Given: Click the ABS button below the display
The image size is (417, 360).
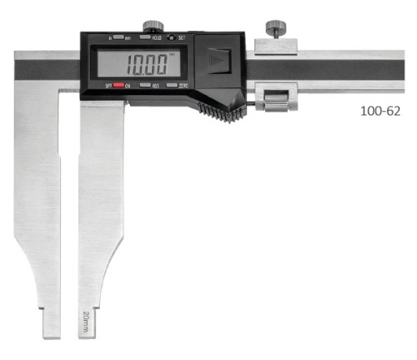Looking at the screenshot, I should [144, 85].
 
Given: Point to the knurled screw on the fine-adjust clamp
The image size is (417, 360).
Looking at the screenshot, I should [274, 31].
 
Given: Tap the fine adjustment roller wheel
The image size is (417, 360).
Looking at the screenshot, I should [276, 103].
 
